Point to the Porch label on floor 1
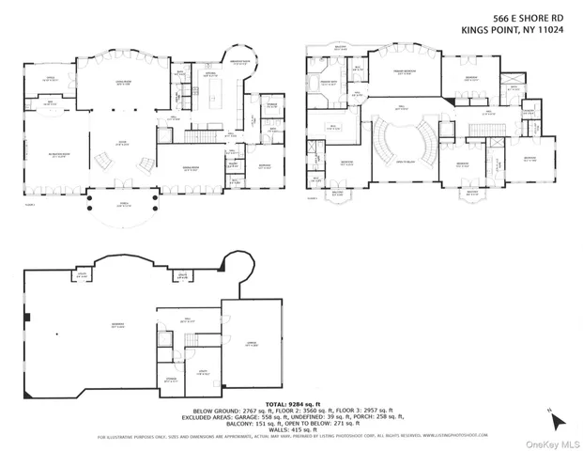[119, 205]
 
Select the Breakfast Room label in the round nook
[241, 64]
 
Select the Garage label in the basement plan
[251, 347]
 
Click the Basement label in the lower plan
[91, 326]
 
